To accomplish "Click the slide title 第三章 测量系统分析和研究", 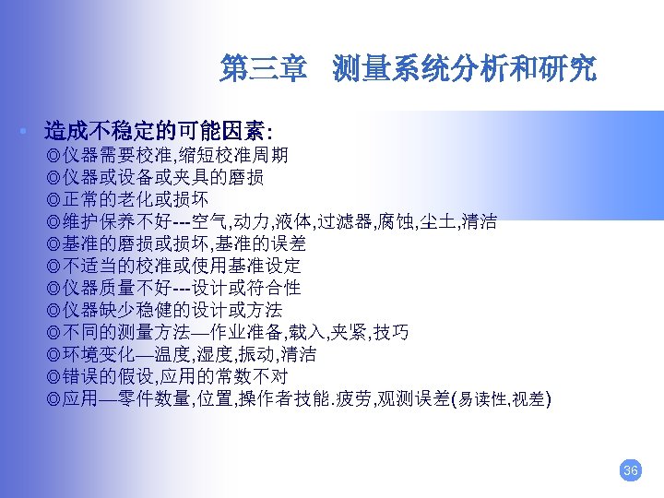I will pos(408,69).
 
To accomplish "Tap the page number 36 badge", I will pos(630,470).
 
